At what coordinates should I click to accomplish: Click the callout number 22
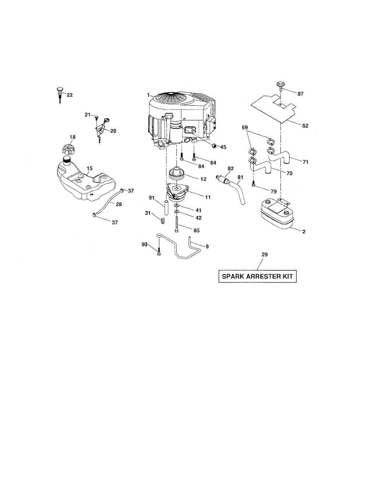[x=70, y=95]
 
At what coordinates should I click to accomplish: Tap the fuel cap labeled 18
[x=67, y=151]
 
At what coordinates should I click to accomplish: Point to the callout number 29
[x=264, y=254]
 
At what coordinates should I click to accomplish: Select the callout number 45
[x=223, y=147]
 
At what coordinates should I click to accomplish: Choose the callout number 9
[x=207, y=247]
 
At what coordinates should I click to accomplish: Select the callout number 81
[x=240, y=177]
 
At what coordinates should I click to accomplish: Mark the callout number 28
[x=119, y=204]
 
